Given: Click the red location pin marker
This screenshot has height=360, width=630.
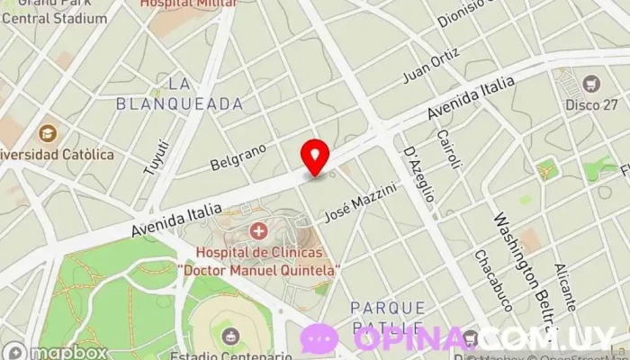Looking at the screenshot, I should coord(315,157).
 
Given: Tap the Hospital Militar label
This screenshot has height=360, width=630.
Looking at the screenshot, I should coord(189,4).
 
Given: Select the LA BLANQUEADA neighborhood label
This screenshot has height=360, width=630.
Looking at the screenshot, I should coord(180,94).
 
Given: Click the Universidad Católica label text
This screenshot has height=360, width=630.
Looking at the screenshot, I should coord(58,155).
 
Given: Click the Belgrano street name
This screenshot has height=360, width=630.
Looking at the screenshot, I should coord(238,156).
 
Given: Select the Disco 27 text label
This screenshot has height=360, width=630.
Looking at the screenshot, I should coord(591,104).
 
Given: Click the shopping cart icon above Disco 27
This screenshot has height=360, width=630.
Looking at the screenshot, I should coord(591,84).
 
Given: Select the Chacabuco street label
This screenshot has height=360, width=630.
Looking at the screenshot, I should coord(493,280).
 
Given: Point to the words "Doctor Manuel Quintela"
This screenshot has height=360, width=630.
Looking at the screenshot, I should coord(259,269).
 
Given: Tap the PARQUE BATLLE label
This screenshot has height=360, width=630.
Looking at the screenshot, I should coord(387,316).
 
